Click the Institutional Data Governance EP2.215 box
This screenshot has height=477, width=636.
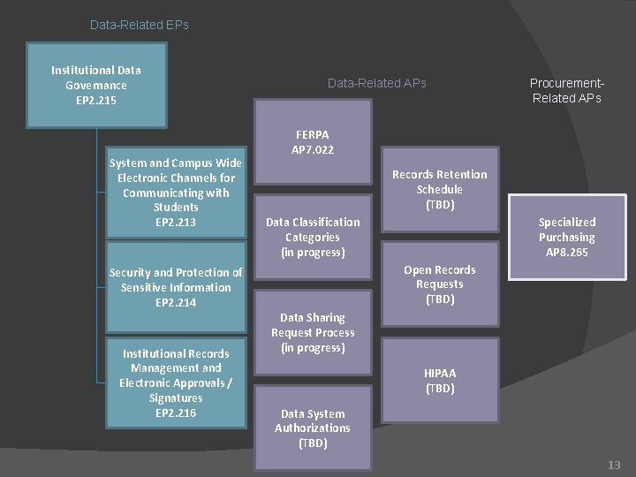96,85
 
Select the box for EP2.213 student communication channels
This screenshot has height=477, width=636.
176,192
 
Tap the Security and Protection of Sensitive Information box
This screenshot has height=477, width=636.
176,287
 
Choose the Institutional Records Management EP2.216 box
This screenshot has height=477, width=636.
176,382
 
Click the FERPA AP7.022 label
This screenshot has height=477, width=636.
312,141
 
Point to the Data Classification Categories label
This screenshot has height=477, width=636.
312,237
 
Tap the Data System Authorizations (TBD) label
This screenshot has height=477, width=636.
312,428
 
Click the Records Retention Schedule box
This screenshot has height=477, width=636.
439,189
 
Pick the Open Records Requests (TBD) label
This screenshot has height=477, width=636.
439,284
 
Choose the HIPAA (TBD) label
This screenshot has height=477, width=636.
439,380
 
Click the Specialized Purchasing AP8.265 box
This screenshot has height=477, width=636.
566,237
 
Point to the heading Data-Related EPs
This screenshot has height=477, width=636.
140,25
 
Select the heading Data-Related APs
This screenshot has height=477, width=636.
376,83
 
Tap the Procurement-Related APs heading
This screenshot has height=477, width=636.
566,90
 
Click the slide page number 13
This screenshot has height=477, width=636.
614,464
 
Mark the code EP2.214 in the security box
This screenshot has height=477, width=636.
176,302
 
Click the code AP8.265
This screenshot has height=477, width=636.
566,252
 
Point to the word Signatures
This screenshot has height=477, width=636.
176,397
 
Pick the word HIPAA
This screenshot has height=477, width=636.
439,373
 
